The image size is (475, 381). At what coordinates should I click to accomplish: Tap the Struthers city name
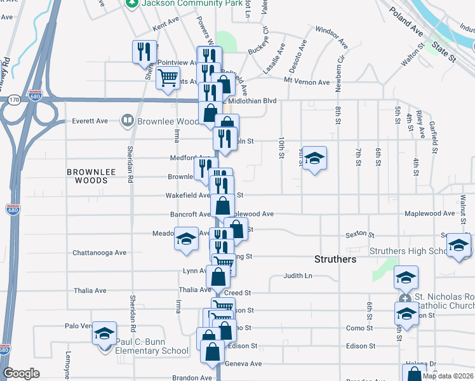pos(336,260)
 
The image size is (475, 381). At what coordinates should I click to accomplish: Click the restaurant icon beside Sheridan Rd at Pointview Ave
pos(144,51)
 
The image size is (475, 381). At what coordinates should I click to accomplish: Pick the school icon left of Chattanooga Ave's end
pos(186,239)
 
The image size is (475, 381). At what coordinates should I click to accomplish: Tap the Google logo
pos(21,373)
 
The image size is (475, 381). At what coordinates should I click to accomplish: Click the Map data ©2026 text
pos(447,376)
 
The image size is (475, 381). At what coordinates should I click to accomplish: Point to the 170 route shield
pos(14,100)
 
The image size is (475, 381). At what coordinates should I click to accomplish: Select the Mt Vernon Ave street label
pos(307,83)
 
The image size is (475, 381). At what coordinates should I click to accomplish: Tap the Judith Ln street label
pos(298,276)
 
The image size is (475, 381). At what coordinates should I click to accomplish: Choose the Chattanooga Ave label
pos(99,253)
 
